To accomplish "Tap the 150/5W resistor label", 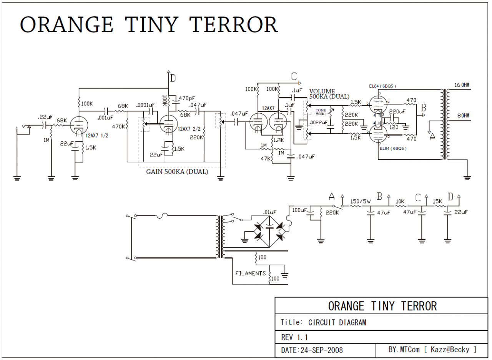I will [360, 201].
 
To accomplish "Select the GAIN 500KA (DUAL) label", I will [177, 172].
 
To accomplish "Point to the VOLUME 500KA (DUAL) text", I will [329, 94].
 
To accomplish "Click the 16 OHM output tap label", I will [462, 85].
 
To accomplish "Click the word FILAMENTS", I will [250, 273].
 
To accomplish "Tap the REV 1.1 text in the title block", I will [294, 337].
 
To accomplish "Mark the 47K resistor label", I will [265, 158].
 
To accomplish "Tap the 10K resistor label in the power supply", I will [400, 201].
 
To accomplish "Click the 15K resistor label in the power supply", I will [437, 201].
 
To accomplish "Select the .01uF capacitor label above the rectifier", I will [269, 212].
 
